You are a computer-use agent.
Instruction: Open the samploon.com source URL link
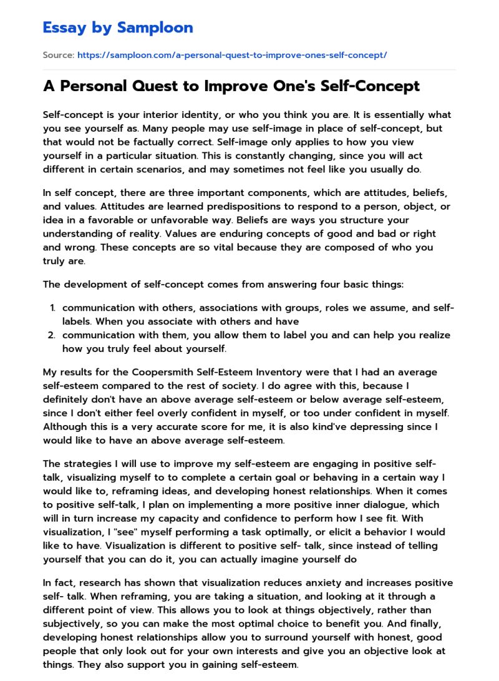tap(232, 55)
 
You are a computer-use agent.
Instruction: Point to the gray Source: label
tap(59, 55)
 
